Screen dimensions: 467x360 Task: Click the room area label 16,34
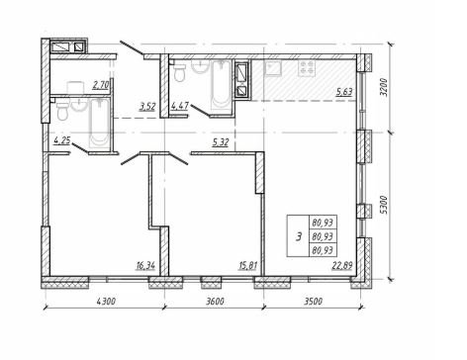145,265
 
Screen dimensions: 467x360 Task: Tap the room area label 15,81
247,265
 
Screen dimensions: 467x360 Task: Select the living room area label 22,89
342,265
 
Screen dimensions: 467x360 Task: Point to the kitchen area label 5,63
344,92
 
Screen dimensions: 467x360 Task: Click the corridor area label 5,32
221,142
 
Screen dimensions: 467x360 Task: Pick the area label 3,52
147,107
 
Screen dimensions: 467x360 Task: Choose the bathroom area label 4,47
180,106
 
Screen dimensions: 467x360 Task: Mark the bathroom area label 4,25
62,141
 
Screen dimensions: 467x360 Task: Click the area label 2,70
101,86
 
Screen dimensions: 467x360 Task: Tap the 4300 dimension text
106,301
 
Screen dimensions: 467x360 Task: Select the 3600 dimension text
215,301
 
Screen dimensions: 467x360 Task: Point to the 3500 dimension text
313,301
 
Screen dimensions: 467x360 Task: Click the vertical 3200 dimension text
383,87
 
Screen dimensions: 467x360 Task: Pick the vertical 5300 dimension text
383,205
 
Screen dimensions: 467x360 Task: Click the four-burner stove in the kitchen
307,68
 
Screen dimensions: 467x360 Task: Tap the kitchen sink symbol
272,68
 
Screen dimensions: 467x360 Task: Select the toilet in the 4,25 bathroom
62,111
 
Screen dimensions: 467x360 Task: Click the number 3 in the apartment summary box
299,236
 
